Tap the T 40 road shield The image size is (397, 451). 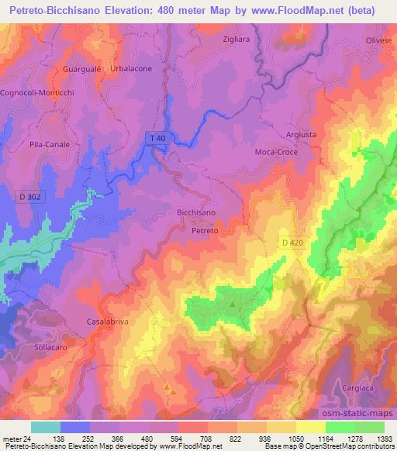click(157, 138)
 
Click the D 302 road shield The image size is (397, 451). click(29, 198)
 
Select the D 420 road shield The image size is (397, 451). click(290, 243)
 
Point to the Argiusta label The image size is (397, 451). click(301, 134)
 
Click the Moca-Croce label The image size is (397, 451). click(275, 152)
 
